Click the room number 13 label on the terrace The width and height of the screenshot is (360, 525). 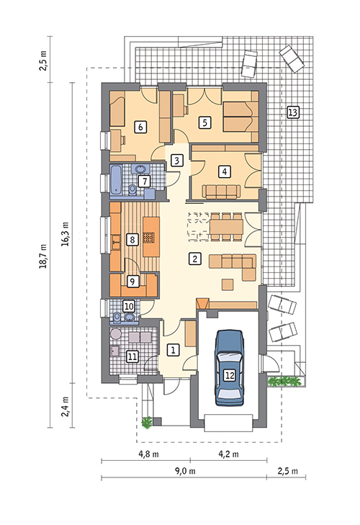click(293, 112)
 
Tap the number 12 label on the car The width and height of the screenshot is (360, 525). click(230, 375)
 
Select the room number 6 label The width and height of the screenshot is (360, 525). click(140, 127)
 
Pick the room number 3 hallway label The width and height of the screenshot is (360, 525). click(177, 160)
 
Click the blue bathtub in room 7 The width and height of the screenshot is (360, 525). click(117, 179)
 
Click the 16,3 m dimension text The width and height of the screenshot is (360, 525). click(65, 234)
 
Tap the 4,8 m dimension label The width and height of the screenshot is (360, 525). click(149, 454)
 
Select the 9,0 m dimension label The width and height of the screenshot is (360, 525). click(185, 471)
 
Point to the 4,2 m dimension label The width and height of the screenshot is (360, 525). click(229, 454)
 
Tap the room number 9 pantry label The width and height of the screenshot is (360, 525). click(133, 282)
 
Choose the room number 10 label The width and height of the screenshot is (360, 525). click(129, 306)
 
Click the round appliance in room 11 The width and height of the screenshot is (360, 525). click(116, 334)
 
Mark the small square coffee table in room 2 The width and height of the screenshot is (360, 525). click(228, 284)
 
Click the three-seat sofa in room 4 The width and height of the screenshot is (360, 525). click(221, 192)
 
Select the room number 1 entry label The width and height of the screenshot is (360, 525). click(173, 350)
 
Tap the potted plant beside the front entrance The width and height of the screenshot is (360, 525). click(147, 422)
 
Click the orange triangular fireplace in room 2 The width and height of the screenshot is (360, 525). click(202, 304)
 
